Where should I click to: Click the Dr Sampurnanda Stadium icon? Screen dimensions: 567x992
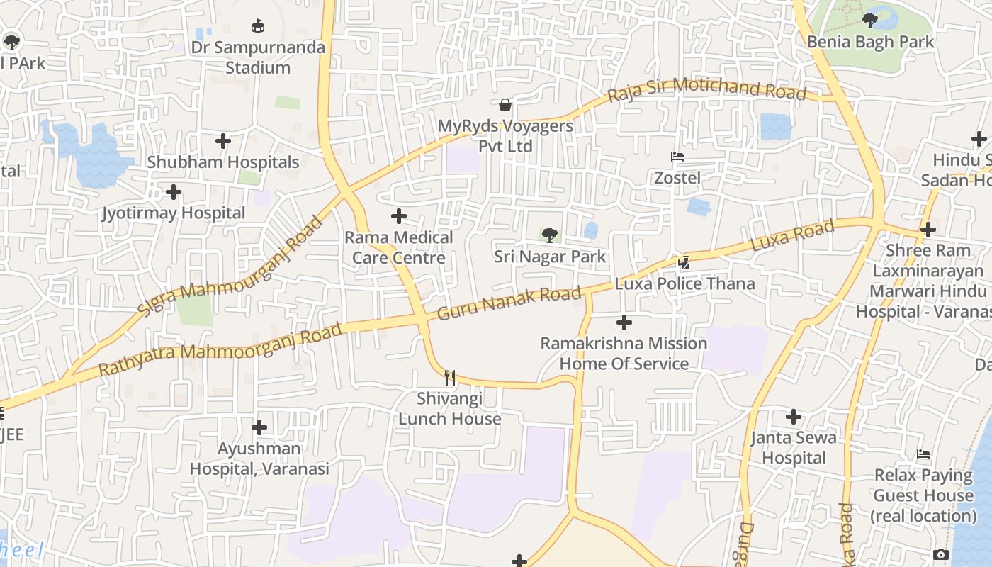coord(259,26)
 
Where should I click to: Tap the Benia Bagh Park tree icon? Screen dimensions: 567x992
coord(870,21)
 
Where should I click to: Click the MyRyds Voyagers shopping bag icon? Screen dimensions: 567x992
coord(505,105)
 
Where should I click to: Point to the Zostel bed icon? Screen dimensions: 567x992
coord(677,156)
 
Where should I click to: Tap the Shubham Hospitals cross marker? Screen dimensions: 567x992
coord(223,141)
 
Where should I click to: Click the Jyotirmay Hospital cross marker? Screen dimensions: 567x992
coord(174,192)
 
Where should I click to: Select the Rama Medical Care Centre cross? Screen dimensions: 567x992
coord(399,216)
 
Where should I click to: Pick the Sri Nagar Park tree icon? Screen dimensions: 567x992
coord(549,235)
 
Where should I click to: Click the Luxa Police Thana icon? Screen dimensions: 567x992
coord(684,263)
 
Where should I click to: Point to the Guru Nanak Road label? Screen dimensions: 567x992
coord(509,303)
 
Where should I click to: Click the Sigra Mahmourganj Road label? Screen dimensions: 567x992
coord(230,267)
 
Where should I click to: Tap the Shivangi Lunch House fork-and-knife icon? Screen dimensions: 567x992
coord(450,377)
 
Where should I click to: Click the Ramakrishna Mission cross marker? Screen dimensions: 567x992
coord(624,323)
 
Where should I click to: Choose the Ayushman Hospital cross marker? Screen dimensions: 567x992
coord(259,427)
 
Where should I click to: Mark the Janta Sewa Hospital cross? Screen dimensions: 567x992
coord(794,417)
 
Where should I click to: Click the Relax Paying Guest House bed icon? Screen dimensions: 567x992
coord(923,454)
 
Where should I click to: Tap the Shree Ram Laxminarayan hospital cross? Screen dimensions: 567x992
coord(928,230)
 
